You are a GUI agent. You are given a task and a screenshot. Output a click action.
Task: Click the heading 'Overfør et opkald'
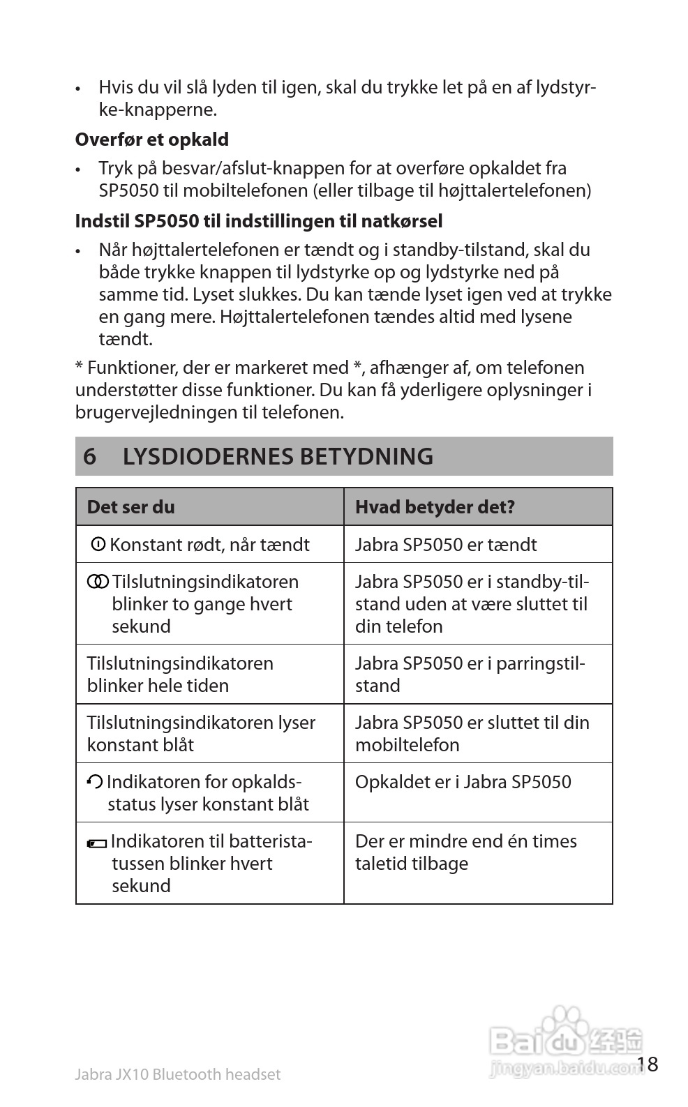[151, 140]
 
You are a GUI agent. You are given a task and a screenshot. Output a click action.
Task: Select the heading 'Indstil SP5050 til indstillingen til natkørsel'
[258, 221]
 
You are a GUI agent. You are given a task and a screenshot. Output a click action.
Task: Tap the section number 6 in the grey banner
[89, 456]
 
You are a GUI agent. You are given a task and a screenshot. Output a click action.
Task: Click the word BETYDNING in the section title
[366, 456]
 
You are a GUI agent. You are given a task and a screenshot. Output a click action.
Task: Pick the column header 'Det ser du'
[130, 507]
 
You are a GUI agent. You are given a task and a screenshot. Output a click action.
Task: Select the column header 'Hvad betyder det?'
[435, 507]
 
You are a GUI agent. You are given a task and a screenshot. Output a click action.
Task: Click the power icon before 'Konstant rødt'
[98, 543]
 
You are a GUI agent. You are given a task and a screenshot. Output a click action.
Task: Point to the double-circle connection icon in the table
[98, 581]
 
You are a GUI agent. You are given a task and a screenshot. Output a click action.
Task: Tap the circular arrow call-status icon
[95, 782]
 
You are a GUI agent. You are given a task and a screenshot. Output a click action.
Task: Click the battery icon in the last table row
[97, 844]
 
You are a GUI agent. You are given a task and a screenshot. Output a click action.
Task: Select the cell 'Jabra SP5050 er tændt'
[446, 545]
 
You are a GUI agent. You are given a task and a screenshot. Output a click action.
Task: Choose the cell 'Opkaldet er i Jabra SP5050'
[463, 782]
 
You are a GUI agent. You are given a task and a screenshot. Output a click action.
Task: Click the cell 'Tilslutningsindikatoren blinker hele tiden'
[179, 675]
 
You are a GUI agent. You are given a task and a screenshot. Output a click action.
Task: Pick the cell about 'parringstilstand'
[470, 675]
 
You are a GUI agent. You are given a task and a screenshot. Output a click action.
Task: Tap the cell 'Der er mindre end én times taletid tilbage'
[465, 852]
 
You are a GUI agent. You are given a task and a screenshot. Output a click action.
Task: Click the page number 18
[647, 1064]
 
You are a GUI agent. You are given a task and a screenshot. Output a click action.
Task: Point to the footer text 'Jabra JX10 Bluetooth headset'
[177, 1074]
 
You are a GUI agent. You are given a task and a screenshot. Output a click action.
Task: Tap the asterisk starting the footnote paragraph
[80, 366]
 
